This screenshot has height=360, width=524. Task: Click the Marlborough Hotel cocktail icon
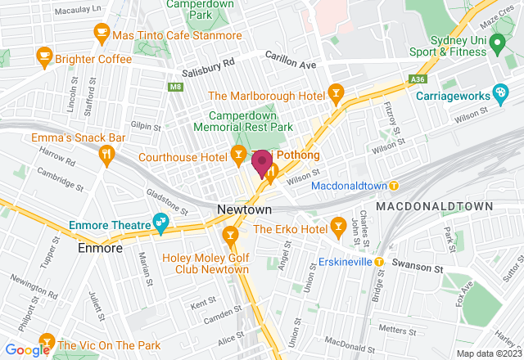pos(335,94)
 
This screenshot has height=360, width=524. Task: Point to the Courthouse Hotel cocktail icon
pos(237,153)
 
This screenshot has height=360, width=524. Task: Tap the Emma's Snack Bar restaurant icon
pos(106,154)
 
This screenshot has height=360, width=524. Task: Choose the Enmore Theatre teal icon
pos(161,221)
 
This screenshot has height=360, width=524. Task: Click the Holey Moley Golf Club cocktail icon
pos(231,237)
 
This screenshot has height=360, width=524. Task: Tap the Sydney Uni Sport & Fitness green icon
pos(496,48)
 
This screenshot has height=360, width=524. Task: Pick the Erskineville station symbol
pos(380,262)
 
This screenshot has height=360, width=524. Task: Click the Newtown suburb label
pos(239,209)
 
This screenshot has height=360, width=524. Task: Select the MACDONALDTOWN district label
pos(434,208)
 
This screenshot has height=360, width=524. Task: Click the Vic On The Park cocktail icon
pos(46,339)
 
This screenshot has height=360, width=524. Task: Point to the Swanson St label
pos(417,267)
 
